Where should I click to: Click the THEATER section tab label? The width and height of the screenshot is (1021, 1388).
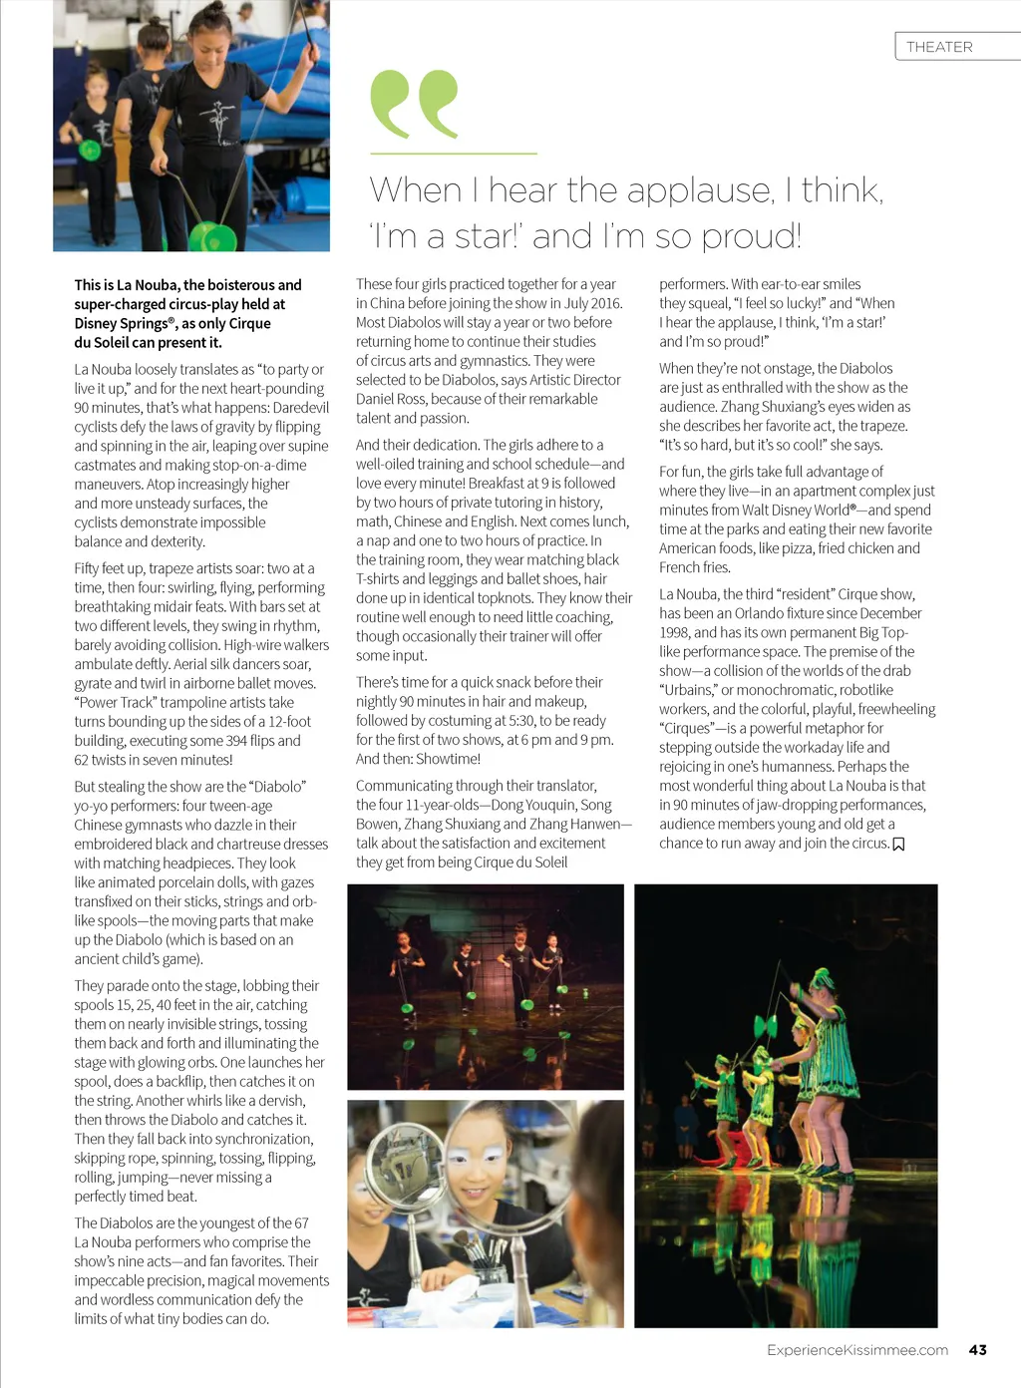click(x=939, y=47)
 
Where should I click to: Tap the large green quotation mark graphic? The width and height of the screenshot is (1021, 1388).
click(x=414, y=104)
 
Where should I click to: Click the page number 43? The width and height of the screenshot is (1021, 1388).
click(x=977, y=1349)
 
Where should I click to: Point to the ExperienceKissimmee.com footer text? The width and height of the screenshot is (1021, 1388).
click(x=856, y=1349)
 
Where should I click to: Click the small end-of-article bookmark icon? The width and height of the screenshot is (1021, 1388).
click(x=898, y=845)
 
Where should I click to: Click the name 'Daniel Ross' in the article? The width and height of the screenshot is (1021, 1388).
click(x=391, y=399)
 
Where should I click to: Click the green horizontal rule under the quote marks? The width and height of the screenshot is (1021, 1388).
click(x=453, y=154)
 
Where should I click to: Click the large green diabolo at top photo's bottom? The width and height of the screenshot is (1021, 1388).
click(x=212, y=235)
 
